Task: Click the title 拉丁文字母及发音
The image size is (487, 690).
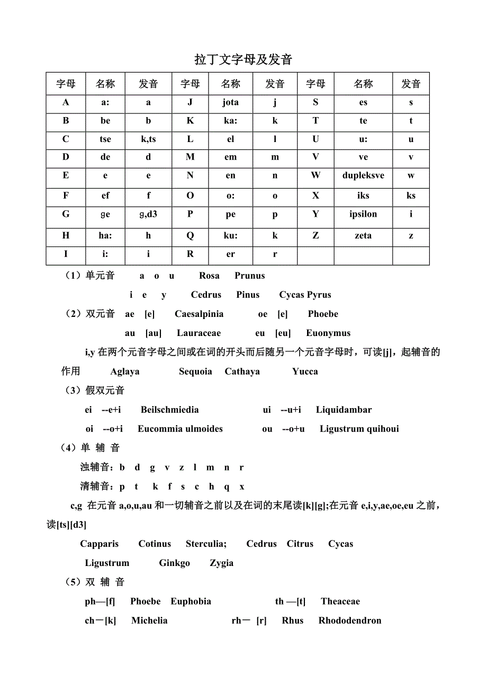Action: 243,59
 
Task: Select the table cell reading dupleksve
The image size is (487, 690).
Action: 363,175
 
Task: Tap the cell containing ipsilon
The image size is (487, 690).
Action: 363,214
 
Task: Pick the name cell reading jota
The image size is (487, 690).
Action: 230,102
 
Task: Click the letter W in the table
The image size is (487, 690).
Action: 315,175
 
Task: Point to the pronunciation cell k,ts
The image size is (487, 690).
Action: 148,139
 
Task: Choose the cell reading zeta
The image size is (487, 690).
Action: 363,235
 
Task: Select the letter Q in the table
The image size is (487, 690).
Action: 190,235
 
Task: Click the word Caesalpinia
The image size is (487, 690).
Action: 199,314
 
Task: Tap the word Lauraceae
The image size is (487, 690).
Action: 199,333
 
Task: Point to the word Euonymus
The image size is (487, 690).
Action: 328,333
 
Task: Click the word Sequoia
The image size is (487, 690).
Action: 195,371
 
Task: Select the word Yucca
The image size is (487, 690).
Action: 305,371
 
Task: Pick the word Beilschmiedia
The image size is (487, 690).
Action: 170,410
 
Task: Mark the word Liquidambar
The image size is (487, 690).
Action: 344,410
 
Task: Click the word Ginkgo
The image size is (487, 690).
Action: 174,563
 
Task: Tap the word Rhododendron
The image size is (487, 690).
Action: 349,621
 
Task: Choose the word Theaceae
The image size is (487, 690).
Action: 340,601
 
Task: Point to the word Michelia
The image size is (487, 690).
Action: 149,621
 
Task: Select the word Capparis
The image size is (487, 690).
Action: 100,544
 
